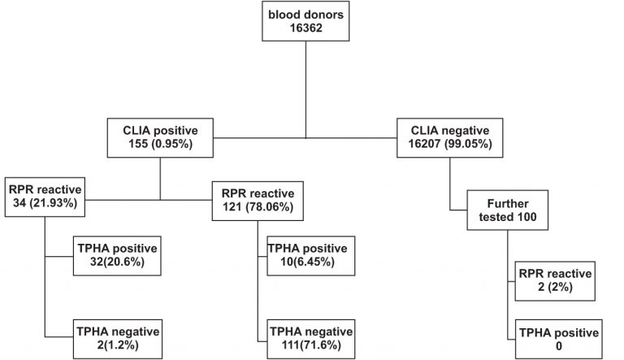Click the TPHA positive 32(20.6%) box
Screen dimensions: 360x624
tap(117, 254)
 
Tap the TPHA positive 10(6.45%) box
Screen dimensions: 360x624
tap(308, 254)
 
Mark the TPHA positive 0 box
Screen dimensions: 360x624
tap(558, 340)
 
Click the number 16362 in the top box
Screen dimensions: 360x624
tap(305, 29)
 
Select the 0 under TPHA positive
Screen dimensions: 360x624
tap(558, 347)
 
